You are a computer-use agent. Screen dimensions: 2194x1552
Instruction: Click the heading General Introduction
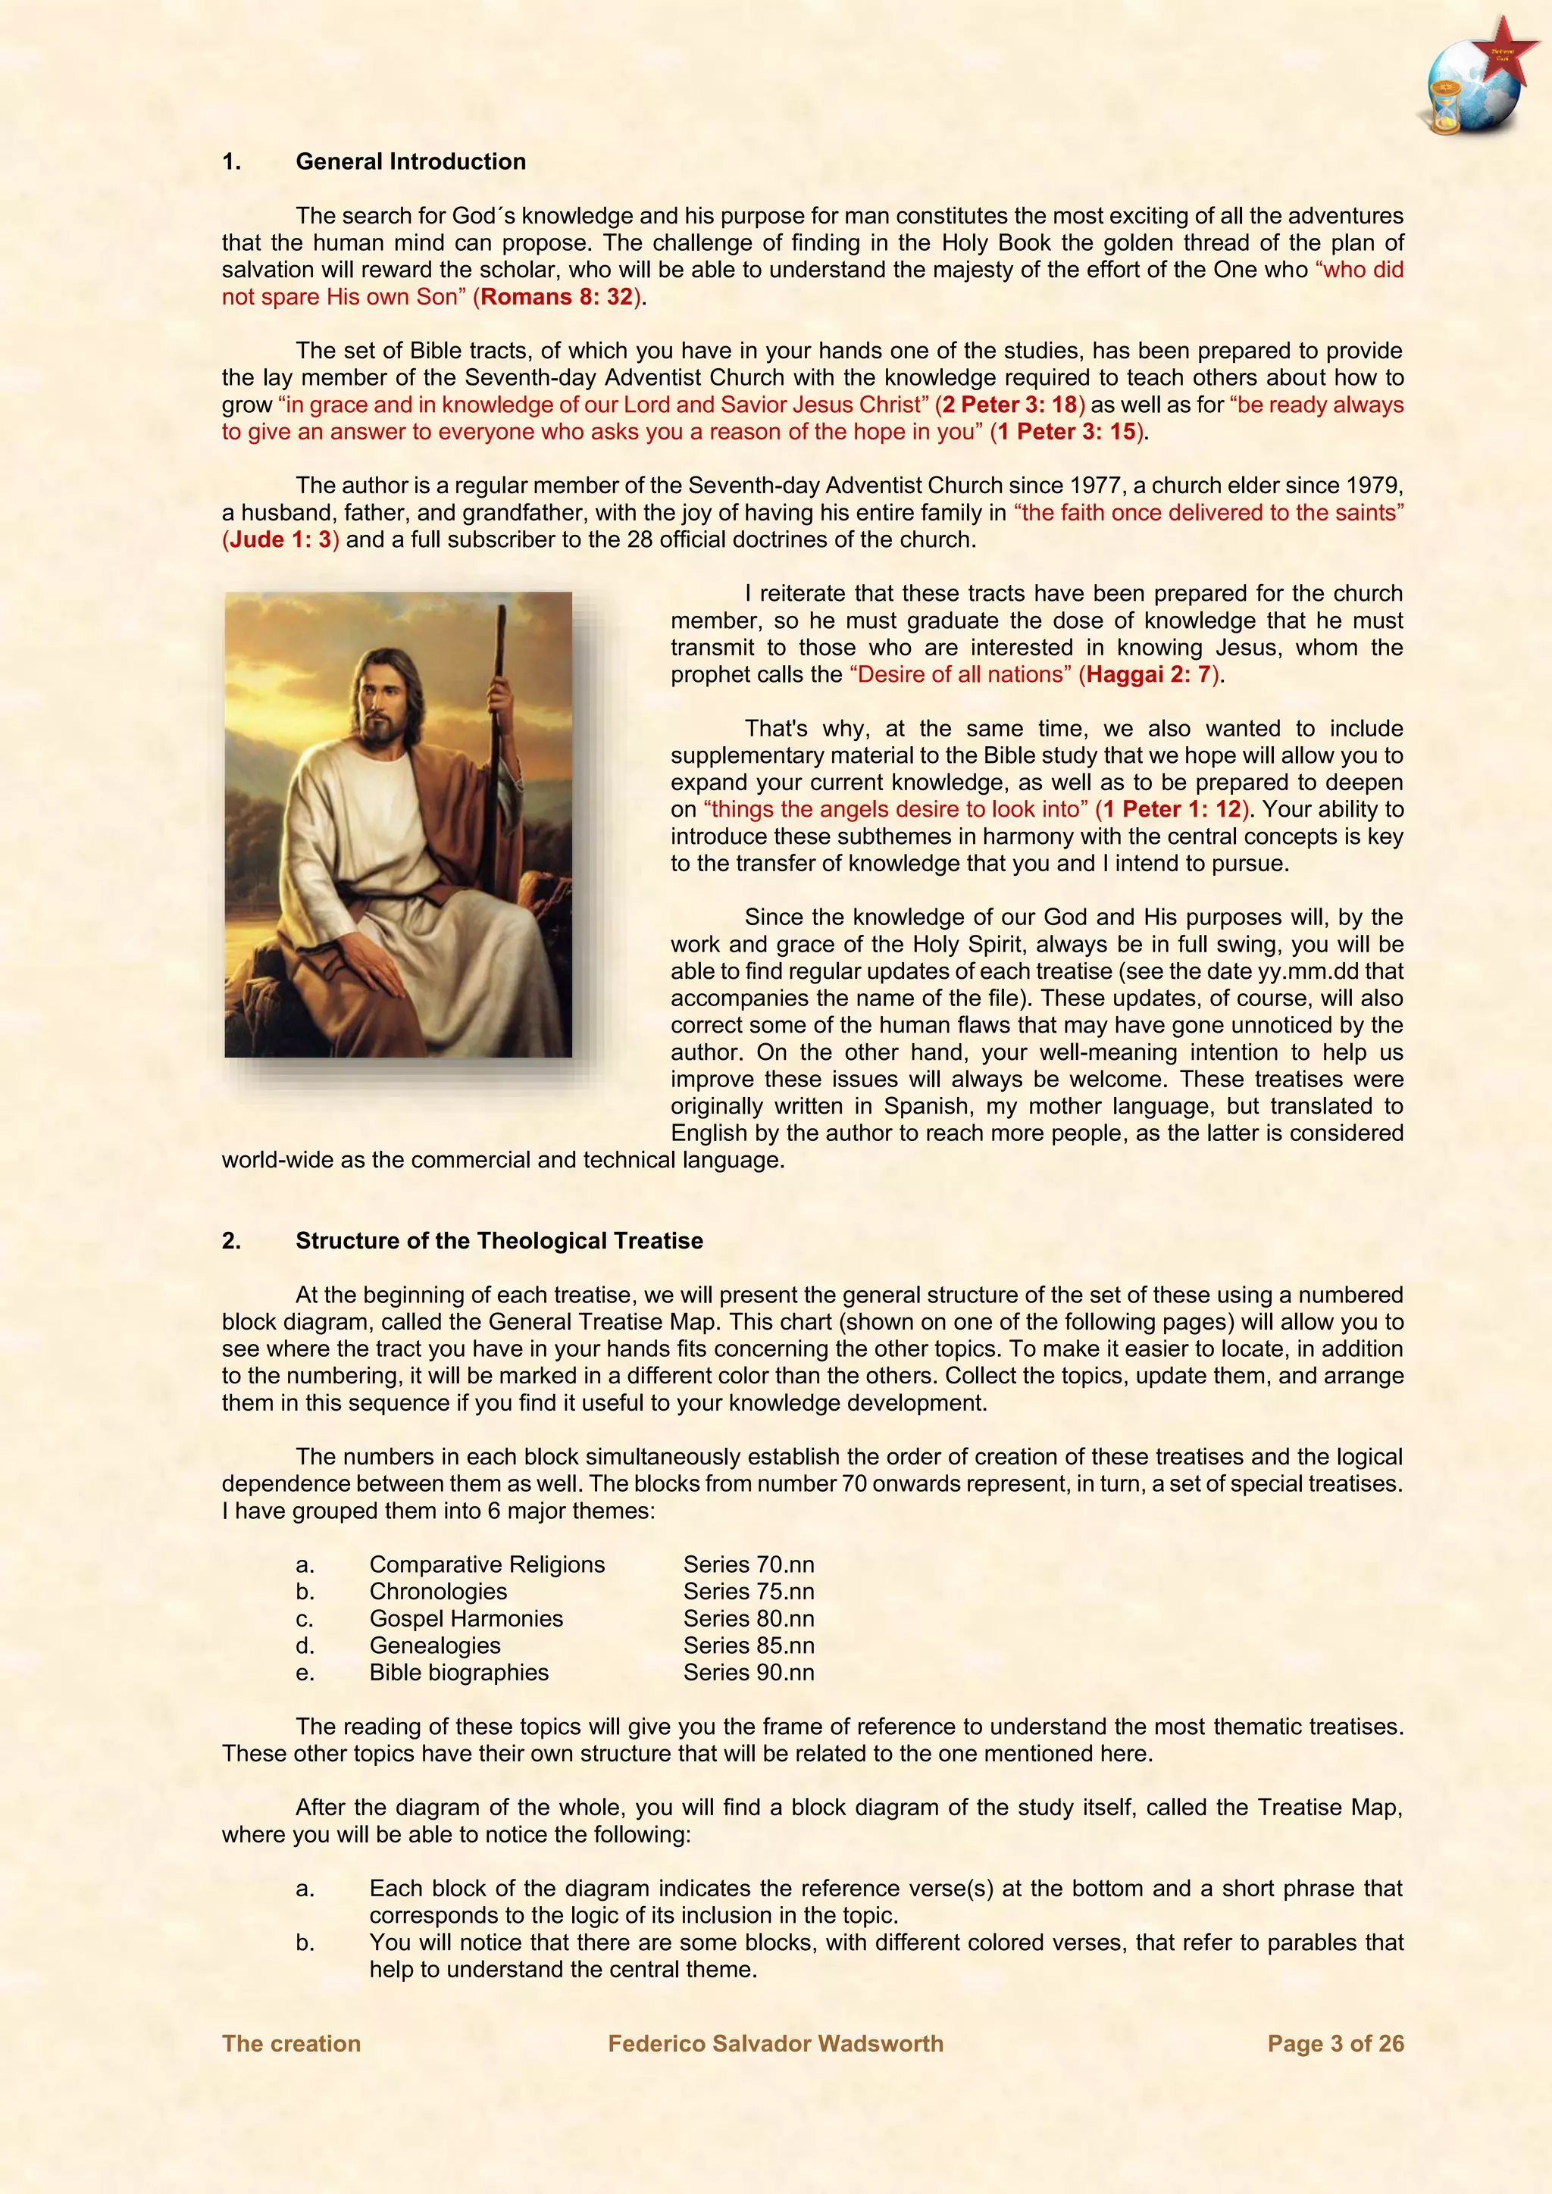[410, 161]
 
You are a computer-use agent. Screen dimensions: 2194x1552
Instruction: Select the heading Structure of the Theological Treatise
[499, 1240]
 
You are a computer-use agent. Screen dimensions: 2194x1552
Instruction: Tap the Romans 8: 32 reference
[557, 297]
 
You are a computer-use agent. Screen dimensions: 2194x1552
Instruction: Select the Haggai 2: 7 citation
[1150, 674]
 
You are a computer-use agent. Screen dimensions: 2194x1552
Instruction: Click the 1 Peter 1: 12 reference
[1172, 809]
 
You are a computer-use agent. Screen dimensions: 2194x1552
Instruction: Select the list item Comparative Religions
[487, 1564]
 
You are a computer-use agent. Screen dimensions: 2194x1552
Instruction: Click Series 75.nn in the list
[748, 1591]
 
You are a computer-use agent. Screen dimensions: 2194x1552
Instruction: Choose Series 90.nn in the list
[748, 1672]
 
